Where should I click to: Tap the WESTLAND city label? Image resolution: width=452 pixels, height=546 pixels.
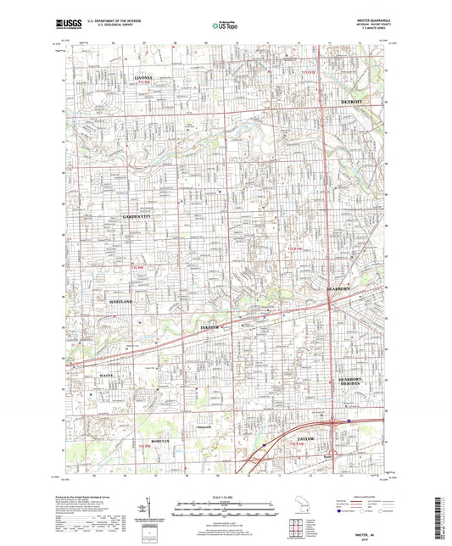pos(123,301)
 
